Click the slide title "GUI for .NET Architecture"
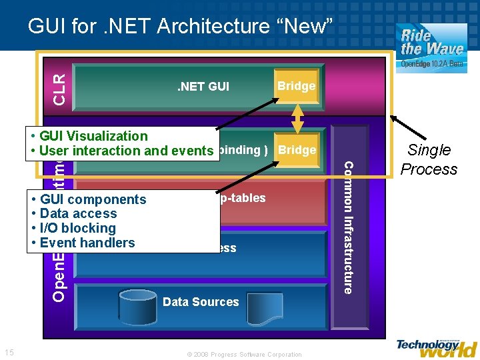(x=180, y=27)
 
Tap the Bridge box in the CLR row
(x=296, y=86)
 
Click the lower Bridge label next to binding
(x=297, y=150)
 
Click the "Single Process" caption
(x=429, y=160)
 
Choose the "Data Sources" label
(x=201, y=302)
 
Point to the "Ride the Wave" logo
(x=431, y=44)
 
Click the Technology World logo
(x=437, y=347)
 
